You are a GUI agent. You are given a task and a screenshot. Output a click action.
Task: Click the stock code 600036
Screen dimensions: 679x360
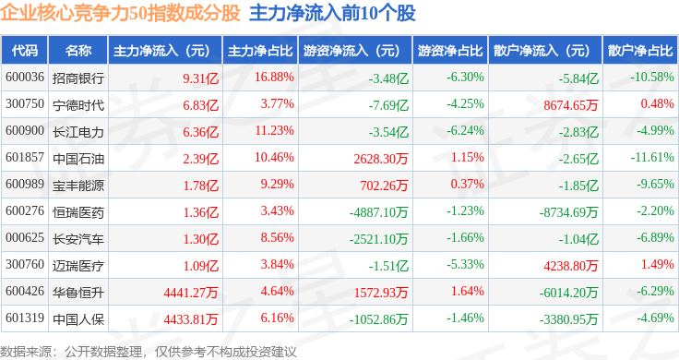25,78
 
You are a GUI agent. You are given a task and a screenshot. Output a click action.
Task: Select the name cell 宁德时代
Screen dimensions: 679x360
78,105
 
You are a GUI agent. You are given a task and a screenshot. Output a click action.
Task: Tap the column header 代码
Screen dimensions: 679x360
25,51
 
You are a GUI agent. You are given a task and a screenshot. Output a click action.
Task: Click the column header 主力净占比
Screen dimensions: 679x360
260,51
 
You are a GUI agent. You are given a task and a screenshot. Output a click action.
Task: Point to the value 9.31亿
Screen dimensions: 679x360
200,78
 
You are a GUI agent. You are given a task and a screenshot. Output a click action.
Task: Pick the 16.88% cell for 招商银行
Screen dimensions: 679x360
274,78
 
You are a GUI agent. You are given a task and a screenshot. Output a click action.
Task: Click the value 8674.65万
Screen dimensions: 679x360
571,105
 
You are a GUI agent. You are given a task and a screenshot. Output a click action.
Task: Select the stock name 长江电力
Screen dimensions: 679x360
78,132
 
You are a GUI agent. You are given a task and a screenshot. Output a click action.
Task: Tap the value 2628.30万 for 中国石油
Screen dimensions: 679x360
381,159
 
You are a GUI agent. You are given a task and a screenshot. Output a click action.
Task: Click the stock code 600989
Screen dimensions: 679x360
25,184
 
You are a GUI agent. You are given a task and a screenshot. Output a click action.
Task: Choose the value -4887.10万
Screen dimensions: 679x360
378,212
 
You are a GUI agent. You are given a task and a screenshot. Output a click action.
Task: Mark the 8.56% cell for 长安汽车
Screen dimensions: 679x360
277,237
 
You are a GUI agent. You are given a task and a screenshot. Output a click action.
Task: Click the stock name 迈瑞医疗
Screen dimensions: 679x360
78,266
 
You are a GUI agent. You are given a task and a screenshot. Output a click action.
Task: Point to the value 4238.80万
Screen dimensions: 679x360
571,266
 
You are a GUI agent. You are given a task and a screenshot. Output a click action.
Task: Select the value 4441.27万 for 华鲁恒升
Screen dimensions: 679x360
191,293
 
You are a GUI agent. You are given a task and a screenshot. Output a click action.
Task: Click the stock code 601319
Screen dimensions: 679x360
25,318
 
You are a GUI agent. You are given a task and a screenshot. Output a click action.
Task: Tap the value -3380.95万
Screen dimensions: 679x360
568,319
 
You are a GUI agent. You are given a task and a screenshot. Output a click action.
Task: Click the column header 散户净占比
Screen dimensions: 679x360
640,51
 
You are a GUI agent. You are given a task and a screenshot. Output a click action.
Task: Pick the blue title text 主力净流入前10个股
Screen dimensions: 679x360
332,13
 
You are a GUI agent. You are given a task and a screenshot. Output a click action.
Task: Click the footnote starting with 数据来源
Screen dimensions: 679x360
149,352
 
